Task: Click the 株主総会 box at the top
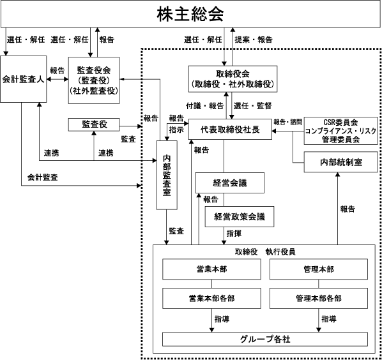point(190,13)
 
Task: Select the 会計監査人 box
point(24,79)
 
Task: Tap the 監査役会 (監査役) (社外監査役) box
point(94,80)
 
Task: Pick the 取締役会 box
point(233,79)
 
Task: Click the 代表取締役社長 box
point(230,129)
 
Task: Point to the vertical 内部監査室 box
point(167,175)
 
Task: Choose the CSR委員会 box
point(341,131)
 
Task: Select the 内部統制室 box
point(341,162)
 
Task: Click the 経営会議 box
point(230,183)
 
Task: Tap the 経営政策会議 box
point(240,216)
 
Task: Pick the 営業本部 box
point(211,269)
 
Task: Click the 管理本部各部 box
point(319,299)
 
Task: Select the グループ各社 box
point(265,339)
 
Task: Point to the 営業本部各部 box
point(211,299)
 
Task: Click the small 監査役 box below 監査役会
point(94,124)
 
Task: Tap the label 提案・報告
point(254,40)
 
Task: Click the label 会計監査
point(43,177)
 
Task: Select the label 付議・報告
point(205,106)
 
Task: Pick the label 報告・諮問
point(287,122)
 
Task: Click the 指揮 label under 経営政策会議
point(234,234)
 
